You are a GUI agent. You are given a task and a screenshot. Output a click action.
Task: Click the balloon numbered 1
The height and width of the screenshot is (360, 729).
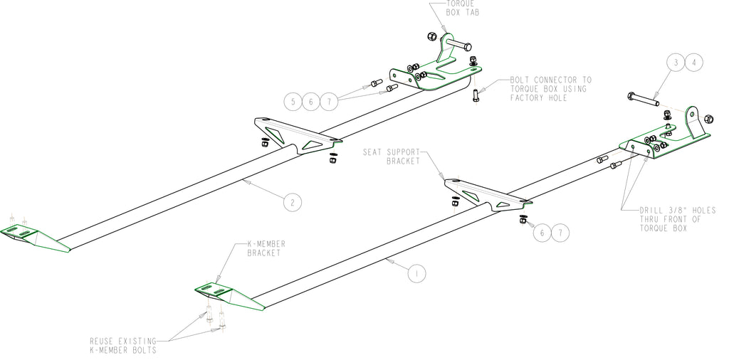pyautogui.click(x=416, y=273)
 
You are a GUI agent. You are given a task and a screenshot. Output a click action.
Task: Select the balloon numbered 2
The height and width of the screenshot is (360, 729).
pyautogui.click(x=293, y=202)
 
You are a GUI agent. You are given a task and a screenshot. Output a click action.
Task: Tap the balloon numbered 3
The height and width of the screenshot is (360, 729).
pyautogui.click(x=676, y=63)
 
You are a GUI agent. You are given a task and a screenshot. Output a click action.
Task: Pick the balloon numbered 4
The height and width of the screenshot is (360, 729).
pyautogui.click(x=694, y=63)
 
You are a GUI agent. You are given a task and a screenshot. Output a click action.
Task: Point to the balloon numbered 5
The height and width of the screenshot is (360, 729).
pyautogui.click(x=293, y=101)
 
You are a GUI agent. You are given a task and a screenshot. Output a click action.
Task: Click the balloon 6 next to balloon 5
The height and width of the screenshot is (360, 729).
pyautogui.click(x=311, y=101)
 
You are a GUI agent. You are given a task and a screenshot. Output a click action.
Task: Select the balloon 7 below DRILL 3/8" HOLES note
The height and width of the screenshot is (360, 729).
pyautogui.click(x=560, y=233)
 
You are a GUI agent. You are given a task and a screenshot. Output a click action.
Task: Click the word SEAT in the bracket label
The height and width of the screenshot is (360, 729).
pyautogui.click(x=373, y=152)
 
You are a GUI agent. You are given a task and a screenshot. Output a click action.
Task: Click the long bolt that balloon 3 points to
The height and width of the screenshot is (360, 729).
pyautogui.click(x=643, y=100)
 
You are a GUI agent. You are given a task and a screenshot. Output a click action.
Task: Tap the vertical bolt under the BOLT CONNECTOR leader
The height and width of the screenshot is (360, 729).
pyautogui.click(x=475, y=95)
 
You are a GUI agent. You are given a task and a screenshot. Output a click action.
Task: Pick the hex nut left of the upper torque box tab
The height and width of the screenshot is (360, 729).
pyautogui.click(x=431, y=36)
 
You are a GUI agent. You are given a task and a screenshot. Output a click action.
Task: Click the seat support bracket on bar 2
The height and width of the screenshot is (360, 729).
pyautogui.click(x=298, y=134)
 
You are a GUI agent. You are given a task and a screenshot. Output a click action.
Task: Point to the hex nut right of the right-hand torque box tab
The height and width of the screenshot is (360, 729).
pyautogui.click(x=708, y=119)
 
